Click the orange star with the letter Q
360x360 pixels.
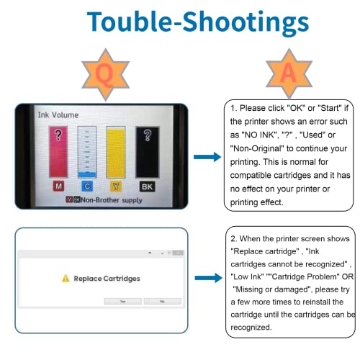coord(105,75)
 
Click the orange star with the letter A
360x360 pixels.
coord(289,73)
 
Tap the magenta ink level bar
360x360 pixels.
coord(58,152)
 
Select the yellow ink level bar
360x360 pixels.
coord(116,152)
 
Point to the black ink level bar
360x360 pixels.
coord(148,152)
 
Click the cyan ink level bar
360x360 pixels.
coord(87,152)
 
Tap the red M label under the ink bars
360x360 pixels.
coord(58,186)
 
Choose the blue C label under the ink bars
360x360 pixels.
coord(87,186)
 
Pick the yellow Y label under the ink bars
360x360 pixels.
coord(116,186)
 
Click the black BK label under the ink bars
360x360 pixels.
coord(147,186)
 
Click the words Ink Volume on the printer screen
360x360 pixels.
coord(58,115)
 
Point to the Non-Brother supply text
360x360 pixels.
coord(112,200)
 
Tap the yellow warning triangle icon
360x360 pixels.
coord(66,279)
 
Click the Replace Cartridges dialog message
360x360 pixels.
coord(107,279)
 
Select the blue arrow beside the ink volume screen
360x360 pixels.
coord(207,157)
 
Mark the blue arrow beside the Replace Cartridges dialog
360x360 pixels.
coord(208,278)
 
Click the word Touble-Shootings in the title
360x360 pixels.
coord(198,22)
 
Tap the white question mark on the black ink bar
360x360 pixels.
coord(148,135)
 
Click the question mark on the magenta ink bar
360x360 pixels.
coord(58,135)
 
